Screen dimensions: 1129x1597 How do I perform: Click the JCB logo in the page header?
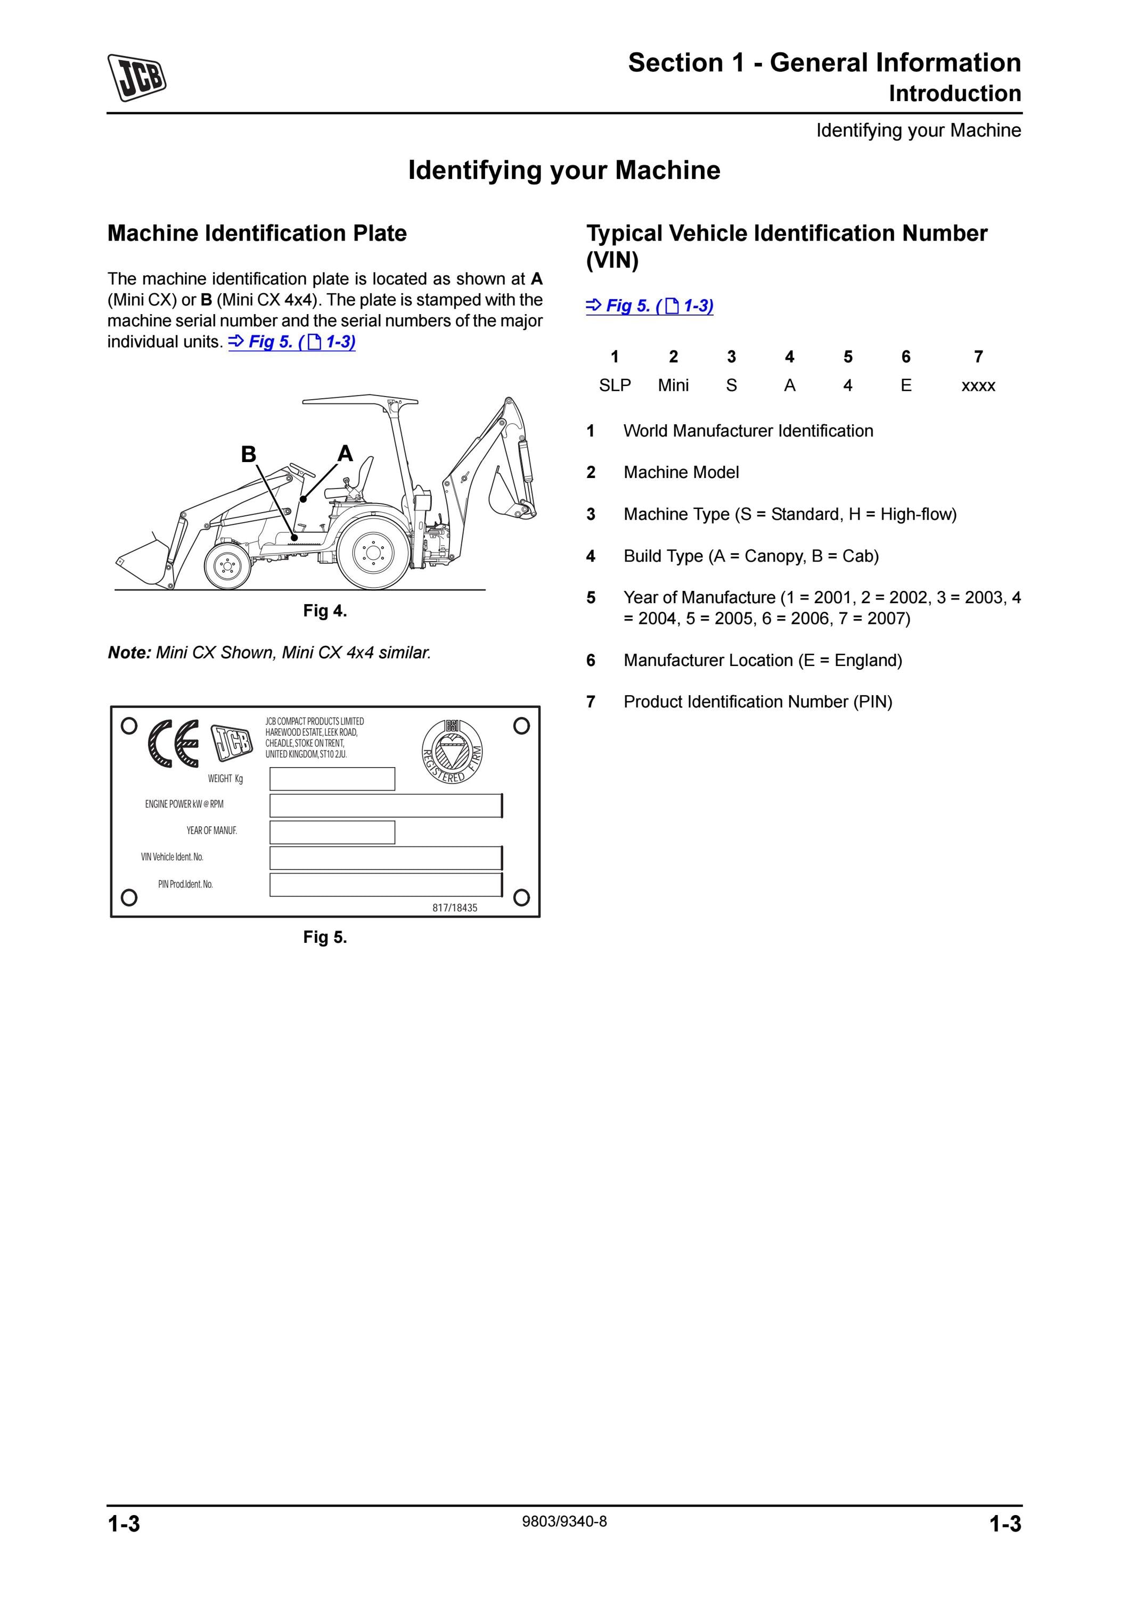click(x=136, y=77)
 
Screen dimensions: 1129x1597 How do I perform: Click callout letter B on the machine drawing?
click(x=248, y=454)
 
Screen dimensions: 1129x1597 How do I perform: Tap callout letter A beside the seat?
click(x=345, y=454)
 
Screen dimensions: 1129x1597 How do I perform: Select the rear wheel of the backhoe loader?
click(x=373, y=554)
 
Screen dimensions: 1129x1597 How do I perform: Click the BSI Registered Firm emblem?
click(x=453, y=751)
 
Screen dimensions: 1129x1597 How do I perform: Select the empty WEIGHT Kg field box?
click(x=332, y=779)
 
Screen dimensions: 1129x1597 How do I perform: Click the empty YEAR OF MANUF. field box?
click(x=332, y=832)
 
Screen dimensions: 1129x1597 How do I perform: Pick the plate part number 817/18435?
click(x=455, y=908)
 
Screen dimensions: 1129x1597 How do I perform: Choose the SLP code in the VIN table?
click(x=615, y=385)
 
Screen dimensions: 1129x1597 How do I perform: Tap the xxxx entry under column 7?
click(x=978, y=386)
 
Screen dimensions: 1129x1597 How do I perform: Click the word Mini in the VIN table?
click(x=673, y=385)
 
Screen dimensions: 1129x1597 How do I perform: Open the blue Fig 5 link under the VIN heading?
click(x=650, y=306)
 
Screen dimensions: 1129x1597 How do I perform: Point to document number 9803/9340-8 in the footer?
click(x=564, y=1522)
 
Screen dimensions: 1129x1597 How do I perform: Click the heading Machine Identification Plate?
click(x=257, y=233)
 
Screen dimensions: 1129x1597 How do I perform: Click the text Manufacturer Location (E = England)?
click(x=763, y=660)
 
